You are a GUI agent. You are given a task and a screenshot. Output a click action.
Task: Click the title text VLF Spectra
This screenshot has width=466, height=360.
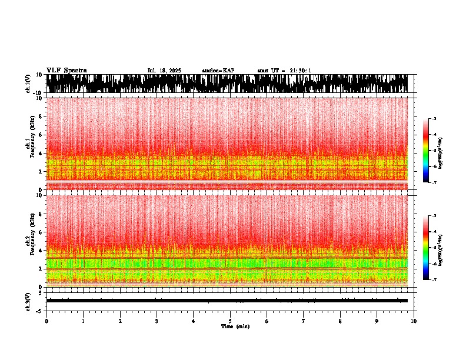coord(66,70)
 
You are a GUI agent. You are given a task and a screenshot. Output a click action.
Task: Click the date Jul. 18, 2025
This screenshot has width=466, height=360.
coord(164,71)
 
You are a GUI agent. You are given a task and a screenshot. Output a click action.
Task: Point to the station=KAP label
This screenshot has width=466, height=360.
coord(218,71)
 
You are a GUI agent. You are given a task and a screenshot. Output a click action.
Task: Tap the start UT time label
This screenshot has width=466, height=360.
coord(284,71)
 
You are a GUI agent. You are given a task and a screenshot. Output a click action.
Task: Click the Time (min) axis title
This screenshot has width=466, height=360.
coord(235,326)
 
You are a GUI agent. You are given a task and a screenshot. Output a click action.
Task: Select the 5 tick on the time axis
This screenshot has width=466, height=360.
coord(230,321)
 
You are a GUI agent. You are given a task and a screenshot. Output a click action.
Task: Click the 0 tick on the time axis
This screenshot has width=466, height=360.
coord(46,321)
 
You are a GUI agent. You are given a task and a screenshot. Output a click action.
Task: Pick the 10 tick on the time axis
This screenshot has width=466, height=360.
coord(414,321)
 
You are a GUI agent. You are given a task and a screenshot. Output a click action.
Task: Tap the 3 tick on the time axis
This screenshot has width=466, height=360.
coord(157,321)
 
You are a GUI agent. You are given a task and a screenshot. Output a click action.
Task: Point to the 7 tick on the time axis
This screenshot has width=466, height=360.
coord(304,321)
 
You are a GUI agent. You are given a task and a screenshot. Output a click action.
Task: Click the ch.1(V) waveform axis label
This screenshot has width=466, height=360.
coord(28,84)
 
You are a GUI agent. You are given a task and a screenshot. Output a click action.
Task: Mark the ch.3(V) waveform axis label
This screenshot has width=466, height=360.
coord(28,301)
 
